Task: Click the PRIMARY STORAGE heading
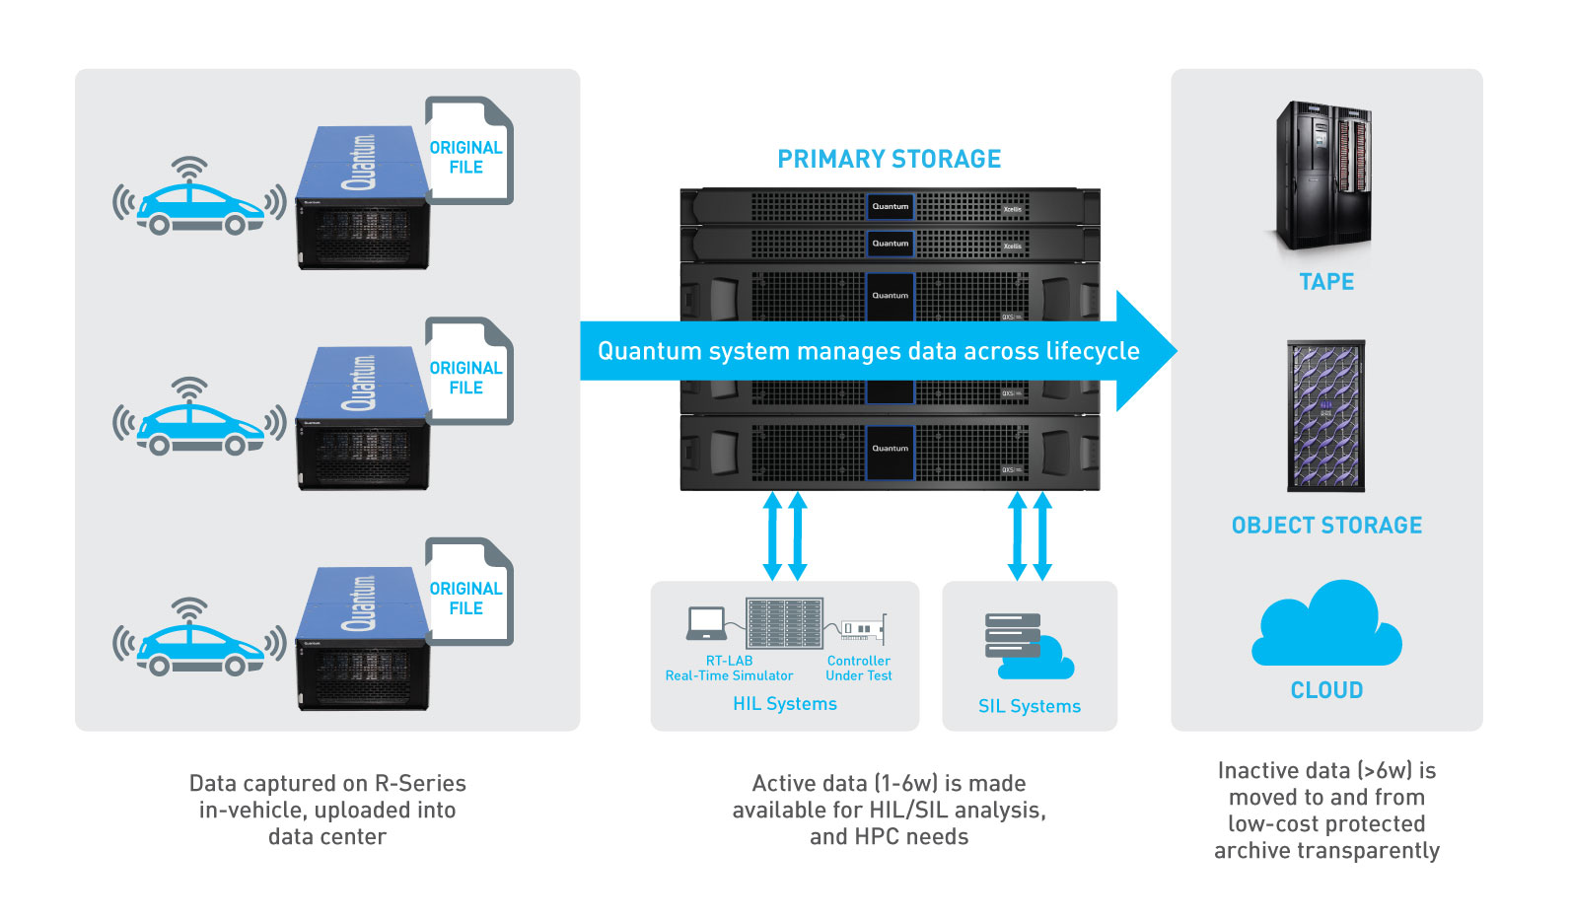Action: pos(889,159)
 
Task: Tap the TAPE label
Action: pos(1326,282)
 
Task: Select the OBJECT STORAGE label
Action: pos(1326,526)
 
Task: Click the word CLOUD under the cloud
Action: pos(1326,690)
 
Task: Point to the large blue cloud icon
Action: pos(1326,626)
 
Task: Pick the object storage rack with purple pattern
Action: pos(1326,415)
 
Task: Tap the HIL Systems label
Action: pos(785,704)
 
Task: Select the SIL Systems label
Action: pos(1030,706)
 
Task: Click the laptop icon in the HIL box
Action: pos(706,623)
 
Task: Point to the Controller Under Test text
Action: pos(859,669)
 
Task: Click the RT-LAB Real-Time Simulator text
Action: pos(729,669)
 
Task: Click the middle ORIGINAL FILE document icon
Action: pos(467,372)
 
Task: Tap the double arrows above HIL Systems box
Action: pos(785,536)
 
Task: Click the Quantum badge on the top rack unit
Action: pos(890,207)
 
